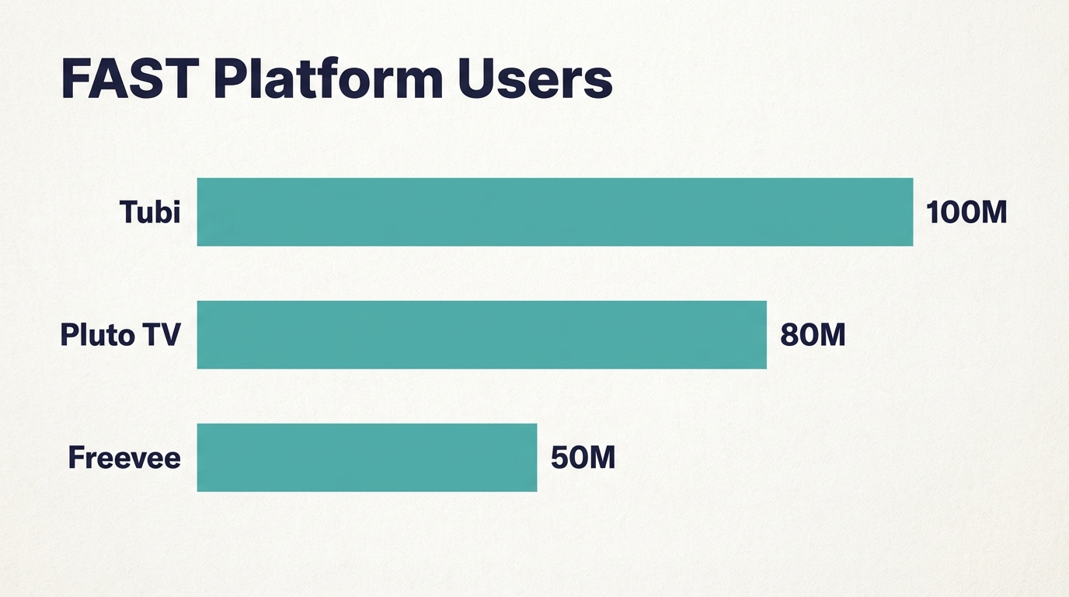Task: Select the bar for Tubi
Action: (555, 212)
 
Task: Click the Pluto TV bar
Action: (482, 334)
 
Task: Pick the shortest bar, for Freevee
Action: (367, 457)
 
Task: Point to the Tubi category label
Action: (150, 211)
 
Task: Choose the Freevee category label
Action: (124, 457)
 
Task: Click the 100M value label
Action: (966, 212)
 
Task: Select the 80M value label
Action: (813, 335)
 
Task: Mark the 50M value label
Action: (583, 457)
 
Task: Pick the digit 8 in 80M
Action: (789, 335)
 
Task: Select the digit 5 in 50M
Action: (559, 457)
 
